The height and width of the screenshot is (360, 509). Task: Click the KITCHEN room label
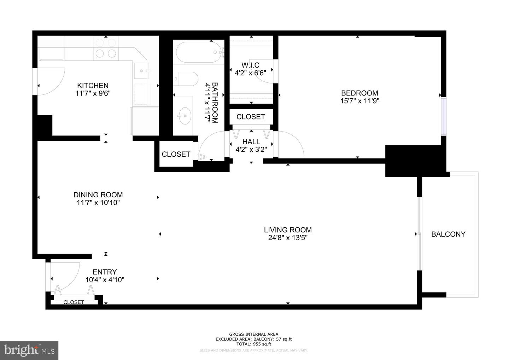point(93,86)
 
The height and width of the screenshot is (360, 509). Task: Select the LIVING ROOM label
point(288,230)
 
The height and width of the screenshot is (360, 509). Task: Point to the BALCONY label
point(448,234)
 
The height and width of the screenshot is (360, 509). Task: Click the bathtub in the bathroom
point(200,53)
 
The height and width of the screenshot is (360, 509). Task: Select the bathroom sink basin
point(184,115)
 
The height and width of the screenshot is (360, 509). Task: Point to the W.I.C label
point(250,65)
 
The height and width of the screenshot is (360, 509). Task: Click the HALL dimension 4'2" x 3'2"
point(251,150)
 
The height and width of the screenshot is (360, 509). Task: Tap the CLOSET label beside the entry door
point(74,302)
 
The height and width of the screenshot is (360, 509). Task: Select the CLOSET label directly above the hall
point(251,117)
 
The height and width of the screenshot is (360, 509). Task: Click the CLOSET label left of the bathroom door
point(176,154)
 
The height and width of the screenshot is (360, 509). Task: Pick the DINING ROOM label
point(98,195)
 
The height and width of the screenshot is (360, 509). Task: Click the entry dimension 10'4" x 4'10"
point(105,280)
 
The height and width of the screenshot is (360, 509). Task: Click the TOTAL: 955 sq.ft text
point(253,344)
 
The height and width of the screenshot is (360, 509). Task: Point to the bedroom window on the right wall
point(444,116)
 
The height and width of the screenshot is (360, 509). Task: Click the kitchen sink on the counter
point(141,71)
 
